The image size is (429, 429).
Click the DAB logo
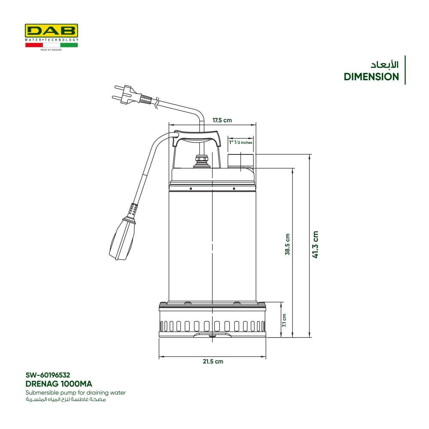51,31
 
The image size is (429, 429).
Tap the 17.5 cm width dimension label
222,121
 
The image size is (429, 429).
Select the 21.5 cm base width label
213,361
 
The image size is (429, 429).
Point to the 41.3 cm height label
315,245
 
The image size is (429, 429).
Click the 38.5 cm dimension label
287,245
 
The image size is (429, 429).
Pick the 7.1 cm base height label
284,320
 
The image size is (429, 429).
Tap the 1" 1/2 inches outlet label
241,142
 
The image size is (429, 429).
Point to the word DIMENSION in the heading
371,77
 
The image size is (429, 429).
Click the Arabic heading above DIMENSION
384,65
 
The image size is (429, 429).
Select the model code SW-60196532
48,375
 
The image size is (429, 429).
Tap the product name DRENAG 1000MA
59,384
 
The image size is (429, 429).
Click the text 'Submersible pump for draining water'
76,393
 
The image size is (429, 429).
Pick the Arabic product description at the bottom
66,399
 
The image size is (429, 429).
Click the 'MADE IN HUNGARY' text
51,50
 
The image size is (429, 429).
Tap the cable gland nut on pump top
202,161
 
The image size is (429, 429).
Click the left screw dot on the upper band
191,188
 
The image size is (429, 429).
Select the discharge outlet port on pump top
241,161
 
